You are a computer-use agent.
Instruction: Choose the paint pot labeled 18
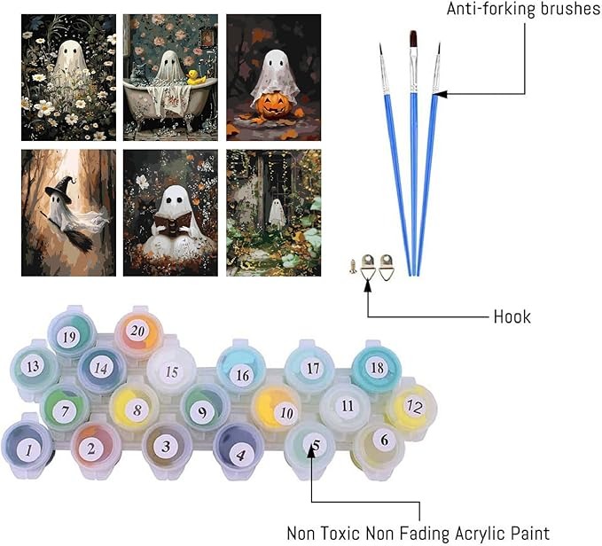tap(377, 367)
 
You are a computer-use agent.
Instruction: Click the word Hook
tap(512, 316)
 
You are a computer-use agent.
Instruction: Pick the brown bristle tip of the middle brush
tap(411, 41)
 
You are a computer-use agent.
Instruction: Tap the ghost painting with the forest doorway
tap(274, 213)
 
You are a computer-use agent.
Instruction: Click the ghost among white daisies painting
tap(68, 77)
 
